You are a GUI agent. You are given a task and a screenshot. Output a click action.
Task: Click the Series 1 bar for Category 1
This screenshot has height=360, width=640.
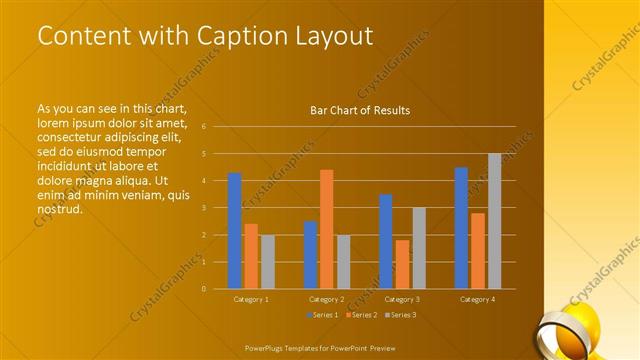pyautogui.click(x=234, y=231)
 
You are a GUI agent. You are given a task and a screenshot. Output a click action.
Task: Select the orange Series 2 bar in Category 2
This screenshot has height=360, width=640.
pyautogui.click(x=326, y=229)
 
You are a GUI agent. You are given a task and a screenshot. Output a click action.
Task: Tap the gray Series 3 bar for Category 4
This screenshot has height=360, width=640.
pyautogui.click(x=494, y=221)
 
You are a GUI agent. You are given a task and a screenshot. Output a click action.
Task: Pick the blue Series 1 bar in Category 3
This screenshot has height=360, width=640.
pyautogui.click(x=386, y=241)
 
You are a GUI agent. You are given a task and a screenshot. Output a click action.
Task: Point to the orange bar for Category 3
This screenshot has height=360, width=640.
pyautogui.click(x=402, y=264)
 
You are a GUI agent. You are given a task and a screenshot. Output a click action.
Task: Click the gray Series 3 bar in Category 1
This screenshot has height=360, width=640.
pyautogui.click(x=267, y=262)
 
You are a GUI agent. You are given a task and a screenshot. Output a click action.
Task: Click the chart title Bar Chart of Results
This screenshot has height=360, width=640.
pyautogui.click(x=360, y=110)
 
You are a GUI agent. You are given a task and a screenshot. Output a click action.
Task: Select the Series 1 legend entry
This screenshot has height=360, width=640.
pyautogui.click(x=321, y=315)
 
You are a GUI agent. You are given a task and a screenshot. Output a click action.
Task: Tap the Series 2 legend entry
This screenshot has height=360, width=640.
pyautogui.click(x=360, y=315)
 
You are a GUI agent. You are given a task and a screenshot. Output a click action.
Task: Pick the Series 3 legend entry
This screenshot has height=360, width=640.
pyautogui.click(x=399, y=315)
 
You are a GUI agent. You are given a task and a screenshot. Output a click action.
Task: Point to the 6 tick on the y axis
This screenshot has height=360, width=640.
pyautogui.click(x=203, y=127)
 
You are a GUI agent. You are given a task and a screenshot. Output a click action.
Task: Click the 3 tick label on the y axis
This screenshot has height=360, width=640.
pyautogui.click(x=203, y=208)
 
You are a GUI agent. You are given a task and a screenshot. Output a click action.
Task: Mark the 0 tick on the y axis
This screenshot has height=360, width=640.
pyautogui.click(x=203, y=289)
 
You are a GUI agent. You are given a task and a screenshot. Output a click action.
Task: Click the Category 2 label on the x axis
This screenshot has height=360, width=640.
pyautogui.click(x=326, y=299)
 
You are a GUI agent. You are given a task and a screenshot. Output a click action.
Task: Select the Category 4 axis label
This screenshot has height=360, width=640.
pyautogui.click(x=477, y=299)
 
